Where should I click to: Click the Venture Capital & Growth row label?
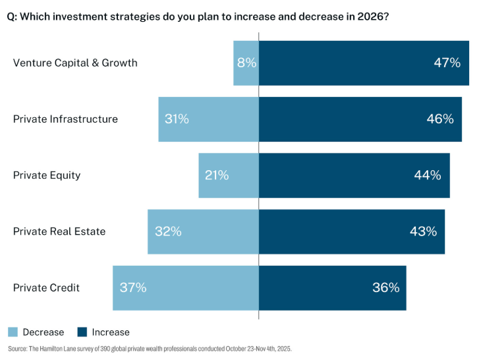[x=75, y=63]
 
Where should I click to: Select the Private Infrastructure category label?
[x=65, y=119]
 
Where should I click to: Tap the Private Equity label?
[x=47, y=175]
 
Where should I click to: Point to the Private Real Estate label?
[x=59, y=231]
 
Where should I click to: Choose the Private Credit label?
[x=46, y=287]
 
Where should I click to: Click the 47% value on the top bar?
[x=446, y=63]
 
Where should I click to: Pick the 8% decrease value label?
[x=246, y=63]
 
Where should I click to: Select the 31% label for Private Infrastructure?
[x=177, y=119]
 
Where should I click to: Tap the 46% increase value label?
[x=439, y=119]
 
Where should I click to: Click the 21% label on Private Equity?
[x=216, y=175]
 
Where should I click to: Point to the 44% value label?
[x=427, y=175]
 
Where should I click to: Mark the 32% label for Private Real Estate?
[x=168, y=231]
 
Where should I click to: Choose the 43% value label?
[x=422, y=231]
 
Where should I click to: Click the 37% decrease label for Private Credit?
[x=133, y=287]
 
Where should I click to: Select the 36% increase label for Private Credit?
[x=385, y=287]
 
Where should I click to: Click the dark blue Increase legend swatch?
[x=82, y=332]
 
